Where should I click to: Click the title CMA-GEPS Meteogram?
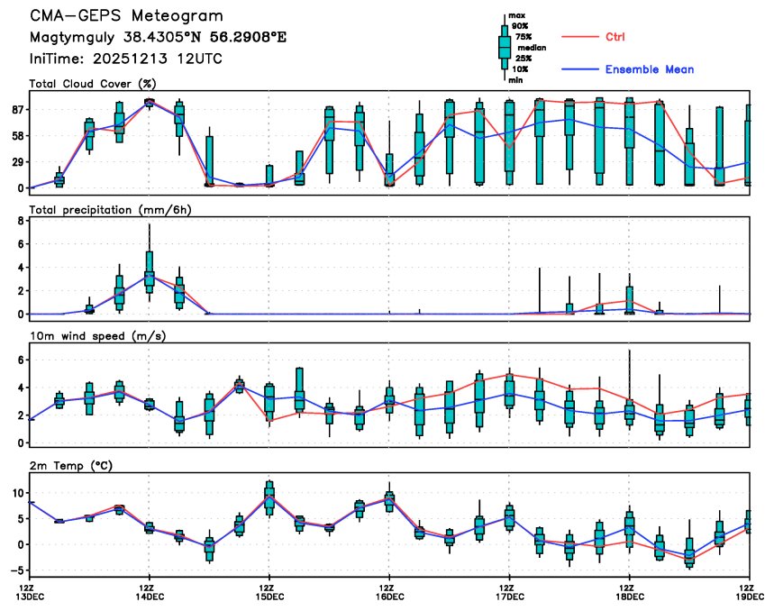[126, 17]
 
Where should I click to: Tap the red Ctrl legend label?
[615, 37]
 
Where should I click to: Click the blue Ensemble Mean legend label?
[649, 69]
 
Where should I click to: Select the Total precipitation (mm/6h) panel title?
[113, 209]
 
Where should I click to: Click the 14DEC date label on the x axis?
[149, 597]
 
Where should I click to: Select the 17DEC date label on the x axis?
[509, 597]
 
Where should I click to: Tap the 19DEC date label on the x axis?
[749, 597]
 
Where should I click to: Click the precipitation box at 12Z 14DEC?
[149, 273]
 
